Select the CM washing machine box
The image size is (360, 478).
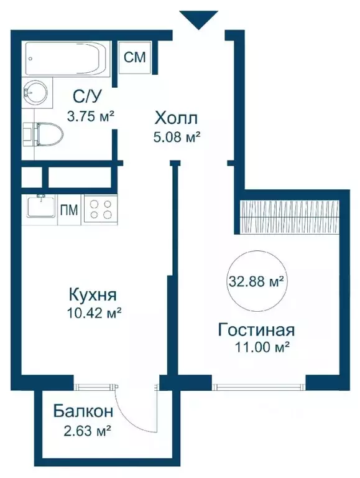[x=135, y=58]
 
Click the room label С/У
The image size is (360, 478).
[x=86, y=97]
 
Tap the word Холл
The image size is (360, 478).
[x=176, y=118]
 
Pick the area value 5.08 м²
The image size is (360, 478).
[x=177, y=138]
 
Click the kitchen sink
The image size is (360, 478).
[x=41, y=207]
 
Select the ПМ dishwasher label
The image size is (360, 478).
[x=69, y=210]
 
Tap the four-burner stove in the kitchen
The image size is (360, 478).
[x=101, y=209]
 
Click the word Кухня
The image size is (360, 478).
[x=93, y=296]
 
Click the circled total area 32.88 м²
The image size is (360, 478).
[x=256, y=283]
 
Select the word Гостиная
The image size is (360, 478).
[x=256, y=330]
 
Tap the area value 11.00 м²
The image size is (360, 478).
[x=262, y=347]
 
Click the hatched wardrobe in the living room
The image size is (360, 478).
[x=289, y=217]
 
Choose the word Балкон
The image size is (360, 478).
[x=83, y=411]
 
